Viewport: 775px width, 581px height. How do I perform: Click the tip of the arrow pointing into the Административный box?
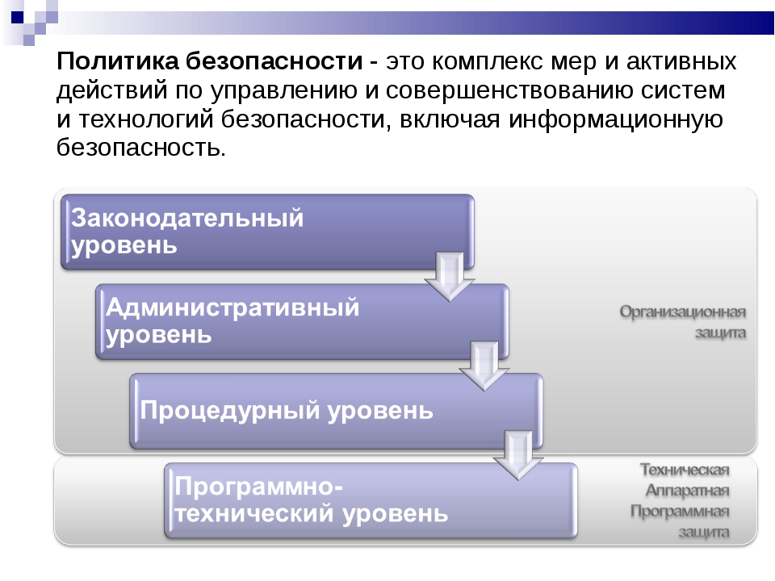[x=450, y=301]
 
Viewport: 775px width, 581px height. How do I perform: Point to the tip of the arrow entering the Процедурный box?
[x=484, y=391]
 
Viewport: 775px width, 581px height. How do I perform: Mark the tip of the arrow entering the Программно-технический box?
[x=518, y=479]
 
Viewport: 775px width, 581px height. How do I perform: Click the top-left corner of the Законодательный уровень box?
[x=61, y=194]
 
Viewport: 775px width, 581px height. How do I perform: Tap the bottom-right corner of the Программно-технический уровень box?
[x=577, y=537]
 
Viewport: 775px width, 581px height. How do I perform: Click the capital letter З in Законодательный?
[x=79, y=218]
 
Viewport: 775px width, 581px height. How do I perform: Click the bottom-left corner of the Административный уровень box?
[x=96, y=359]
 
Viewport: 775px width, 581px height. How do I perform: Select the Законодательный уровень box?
[x=268, y=232]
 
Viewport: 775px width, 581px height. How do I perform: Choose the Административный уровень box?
[x=303, y=322]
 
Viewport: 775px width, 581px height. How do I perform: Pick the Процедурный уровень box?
[x=337, y=411]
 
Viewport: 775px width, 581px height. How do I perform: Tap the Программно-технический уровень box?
[x=371, y=500]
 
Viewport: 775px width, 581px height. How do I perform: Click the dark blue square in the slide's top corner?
[x=17, y=17]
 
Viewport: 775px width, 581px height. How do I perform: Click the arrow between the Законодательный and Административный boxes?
[x=450, y=277]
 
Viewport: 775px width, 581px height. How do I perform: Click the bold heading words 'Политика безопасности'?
[x=210, y=61]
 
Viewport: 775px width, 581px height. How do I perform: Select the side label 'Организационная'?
[x=683, y=312]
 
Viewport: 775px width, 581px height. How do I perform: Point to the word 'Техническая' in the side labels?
[x=685, y=470]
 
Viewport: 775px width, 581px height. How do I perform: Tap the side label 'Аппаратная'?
[x=687, y=491]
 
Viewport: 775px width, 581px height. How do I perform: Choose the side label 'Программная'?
[x=680, y=512]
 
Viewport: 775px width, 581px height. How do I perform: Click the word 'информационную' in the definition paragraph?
[x=616, y=119]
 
